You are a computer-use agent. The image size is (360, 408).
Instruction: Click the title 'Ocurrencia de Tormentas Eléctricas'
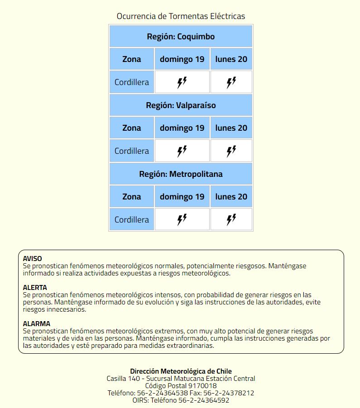[x=181, y=16]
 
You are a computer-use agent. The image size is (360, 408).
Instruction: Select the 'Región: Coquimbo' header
[x=181, y=37]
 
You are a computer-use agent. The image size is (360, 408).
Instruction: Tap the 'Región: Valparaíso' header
[x=181, y=105]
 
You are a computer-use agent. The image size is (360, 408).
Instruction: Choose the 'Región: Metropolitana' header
[x=181, y=174]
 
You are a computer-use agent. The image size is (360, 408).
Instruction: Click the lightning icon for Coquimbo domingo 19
[x=182, y=82]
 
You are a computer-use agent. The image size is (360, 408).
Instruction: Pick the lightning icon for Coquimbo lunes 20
[x=231, y=82]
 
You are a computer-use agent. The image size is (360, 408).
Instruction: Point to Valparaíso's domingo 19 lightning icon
[x=182, y=151]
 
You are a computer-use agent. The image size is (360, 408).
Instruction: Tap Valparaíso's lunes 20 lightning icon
[x=231, y=151]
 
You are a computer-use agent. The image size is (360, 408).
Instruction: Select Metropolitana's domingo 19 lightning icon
[x=182, y=220]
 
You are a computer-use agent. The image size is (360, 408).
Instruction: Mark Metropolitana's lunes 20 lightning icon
[x=231, y=220]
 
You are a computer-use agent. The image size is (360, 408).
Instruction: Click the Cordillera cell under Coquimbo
[x=132, y=82]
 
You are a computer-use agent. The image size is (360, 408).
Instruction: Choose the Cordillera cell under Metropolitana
[x=132, y=220]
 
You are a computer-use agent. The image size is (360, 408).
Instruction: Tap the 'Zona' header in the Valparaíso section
[x=132, y=128]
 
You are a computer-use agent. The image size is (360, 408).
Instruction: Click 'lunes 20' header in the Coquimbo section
[x=231, y=59]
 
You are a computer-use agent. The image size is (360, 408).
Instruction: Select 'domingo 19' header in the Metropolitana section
[x=182, y=197]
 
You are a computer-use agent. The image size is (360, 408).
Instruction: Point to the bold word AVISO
[x=33, y=259]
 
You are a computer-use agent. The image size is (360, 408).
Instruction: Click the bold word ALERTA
[x=35, y=288]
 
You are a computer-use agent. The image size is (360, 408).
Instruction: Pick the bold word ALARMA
[x=37, y=324]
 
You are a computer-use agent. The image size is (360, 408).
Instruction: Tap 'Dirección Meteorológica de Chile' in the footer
[x=181, y=371]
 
